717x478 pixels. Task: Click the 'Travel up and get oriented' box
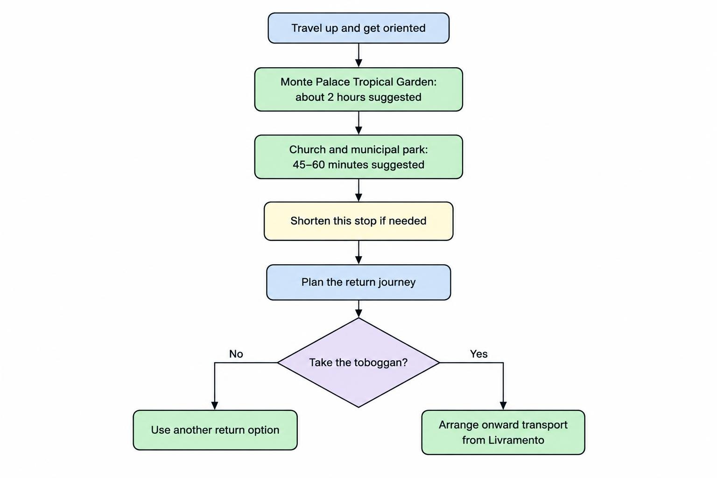click(x=358, y=28)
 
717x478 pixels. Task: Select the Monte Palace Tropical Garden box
click(x=358, y=89)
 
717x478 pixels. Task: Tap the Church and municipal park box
click(x=358, y=157)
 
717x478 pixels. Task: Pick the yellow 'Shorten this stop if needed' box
click(x=358, y=221)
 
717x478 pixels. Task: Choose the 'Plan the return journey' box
click(x=358, y=282)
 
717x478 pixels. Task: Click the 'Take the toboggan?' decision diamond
click(x=358, y=362)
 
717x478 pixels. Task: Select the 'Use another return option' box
click(x=215, y=430)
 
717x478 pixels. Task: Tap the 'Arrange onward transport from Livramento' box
click(x=503, y=432)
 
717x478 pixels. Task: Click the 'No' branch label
click(x=236, y=354)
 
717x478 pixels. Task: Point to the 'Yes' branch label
click(x=479, y=354)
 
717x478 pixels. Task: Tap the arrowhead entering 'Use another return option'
click(x=215, y=406)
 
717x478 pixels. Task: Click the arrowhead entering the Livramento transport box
click(x=503, y=406)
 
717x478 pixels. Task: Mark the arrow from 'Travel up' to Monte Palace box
click(x=358, y=56)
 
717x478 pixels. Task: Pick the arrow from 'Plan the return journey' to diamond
click(x=358, y=309)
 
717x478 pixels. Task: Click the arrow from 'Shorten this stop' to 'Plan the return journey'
click(x=358, y=252)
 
